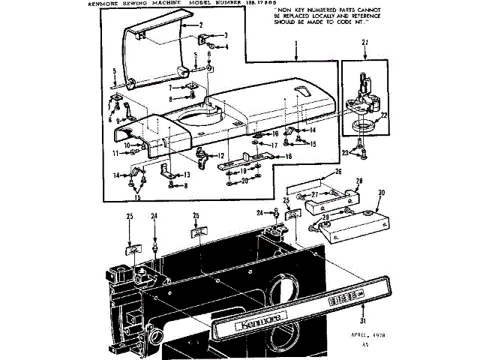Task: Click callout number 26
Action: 337,172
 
